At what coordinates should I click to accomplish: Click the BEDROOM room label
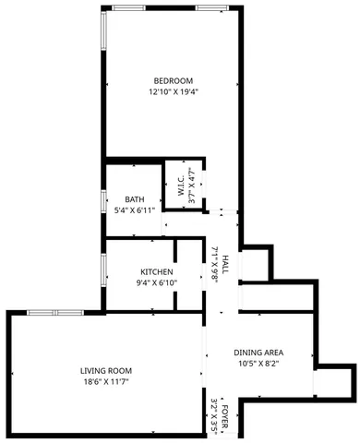pos(173,79)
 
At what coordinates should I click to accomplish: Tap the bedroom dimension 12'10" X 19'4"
pos(173,91)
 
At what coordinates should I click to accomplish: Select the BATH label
pos(135,198)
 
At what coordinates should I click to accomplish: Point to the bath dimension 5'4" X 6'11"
pos(135,210)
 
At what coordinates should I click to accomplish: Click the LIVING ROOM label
pos(106,370)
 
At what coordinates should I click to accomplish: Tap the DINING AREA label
pos(258,353)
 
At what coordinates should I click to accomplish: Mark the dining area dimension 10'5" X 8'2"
pos(258,364)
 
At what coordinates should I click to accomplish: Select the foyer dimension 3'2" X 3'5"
pos(213,415)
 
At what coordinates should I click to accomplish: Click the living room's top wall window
pos(55,312)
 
